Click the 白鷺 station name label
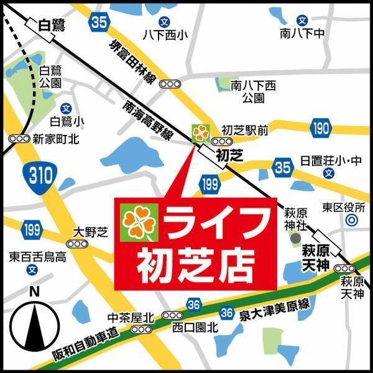[52, 25]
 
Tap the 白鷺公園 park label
[49, 77]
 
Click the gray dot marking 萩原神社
[296, 238]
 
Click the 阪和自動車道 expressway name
[84, 346]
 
